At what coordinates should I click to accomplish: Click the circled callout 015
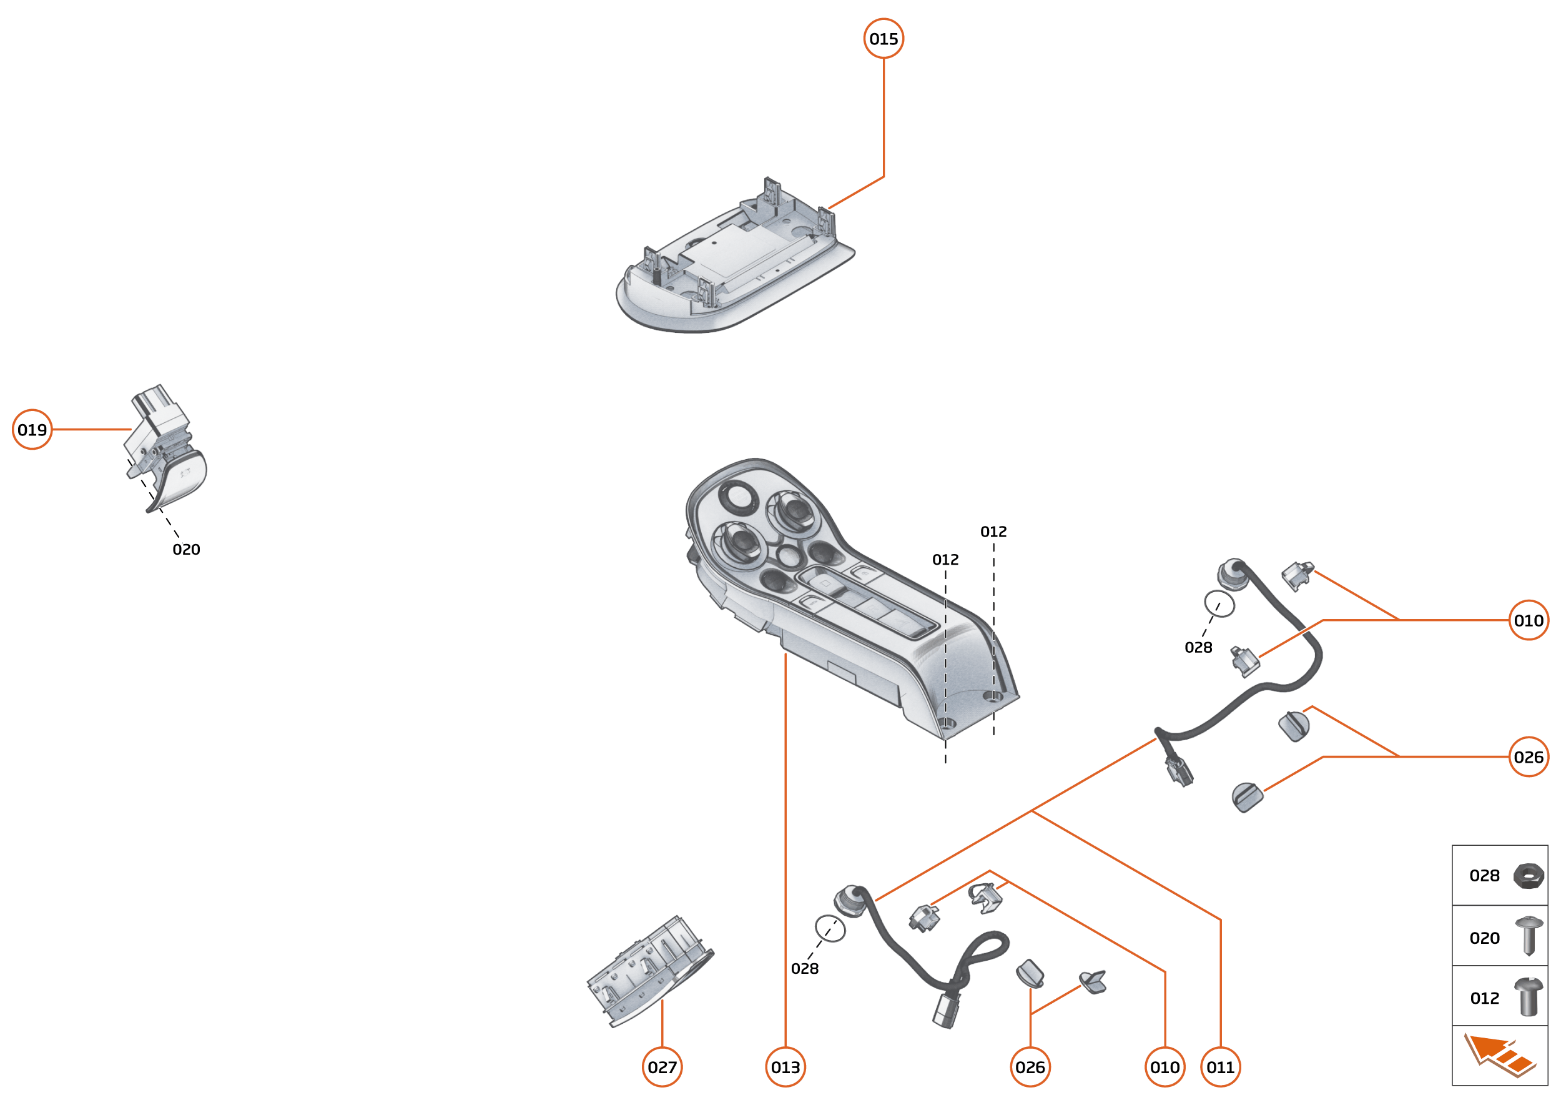click(x=883, y=39)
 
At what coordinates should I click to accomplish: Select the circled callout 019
click(x=32, y=429)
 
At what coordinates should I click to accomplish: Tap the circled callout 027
click(x=662, y=1067)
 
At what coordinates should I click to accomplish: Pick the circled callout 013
click(x=785, y=1067)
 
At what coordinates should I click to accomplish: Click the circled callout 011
click(x=1220, y=1067)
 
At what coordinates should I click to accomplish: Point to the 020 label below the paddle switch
click(x=185, y=549)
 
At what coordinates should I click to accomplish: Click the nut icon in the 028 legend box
click(x=1528, y=876)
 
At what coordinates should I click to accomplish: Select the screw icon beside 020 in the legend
click(x=1529, y=936)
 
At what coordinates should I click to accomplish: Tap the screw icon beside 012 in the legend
click(x=1528, y=997)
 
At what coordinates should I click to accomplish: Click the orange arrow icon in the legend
click(x=1499, y=1055)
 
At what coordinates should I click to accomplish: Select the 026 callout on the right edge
click(x=1529, y=756)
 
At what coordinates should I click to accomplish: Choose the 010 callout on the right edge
click(x=1529, y=620)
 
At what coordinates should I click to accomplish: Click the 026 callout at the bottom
click(x=1030, y=1067)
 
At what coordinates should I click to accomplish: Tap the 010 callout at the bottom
click(x=1165, y=1067)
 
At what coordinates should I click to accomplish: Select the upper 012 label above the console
click(x=993, y=532)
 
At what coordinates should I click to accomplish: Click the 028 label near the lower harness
click(x=805, y=968)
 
